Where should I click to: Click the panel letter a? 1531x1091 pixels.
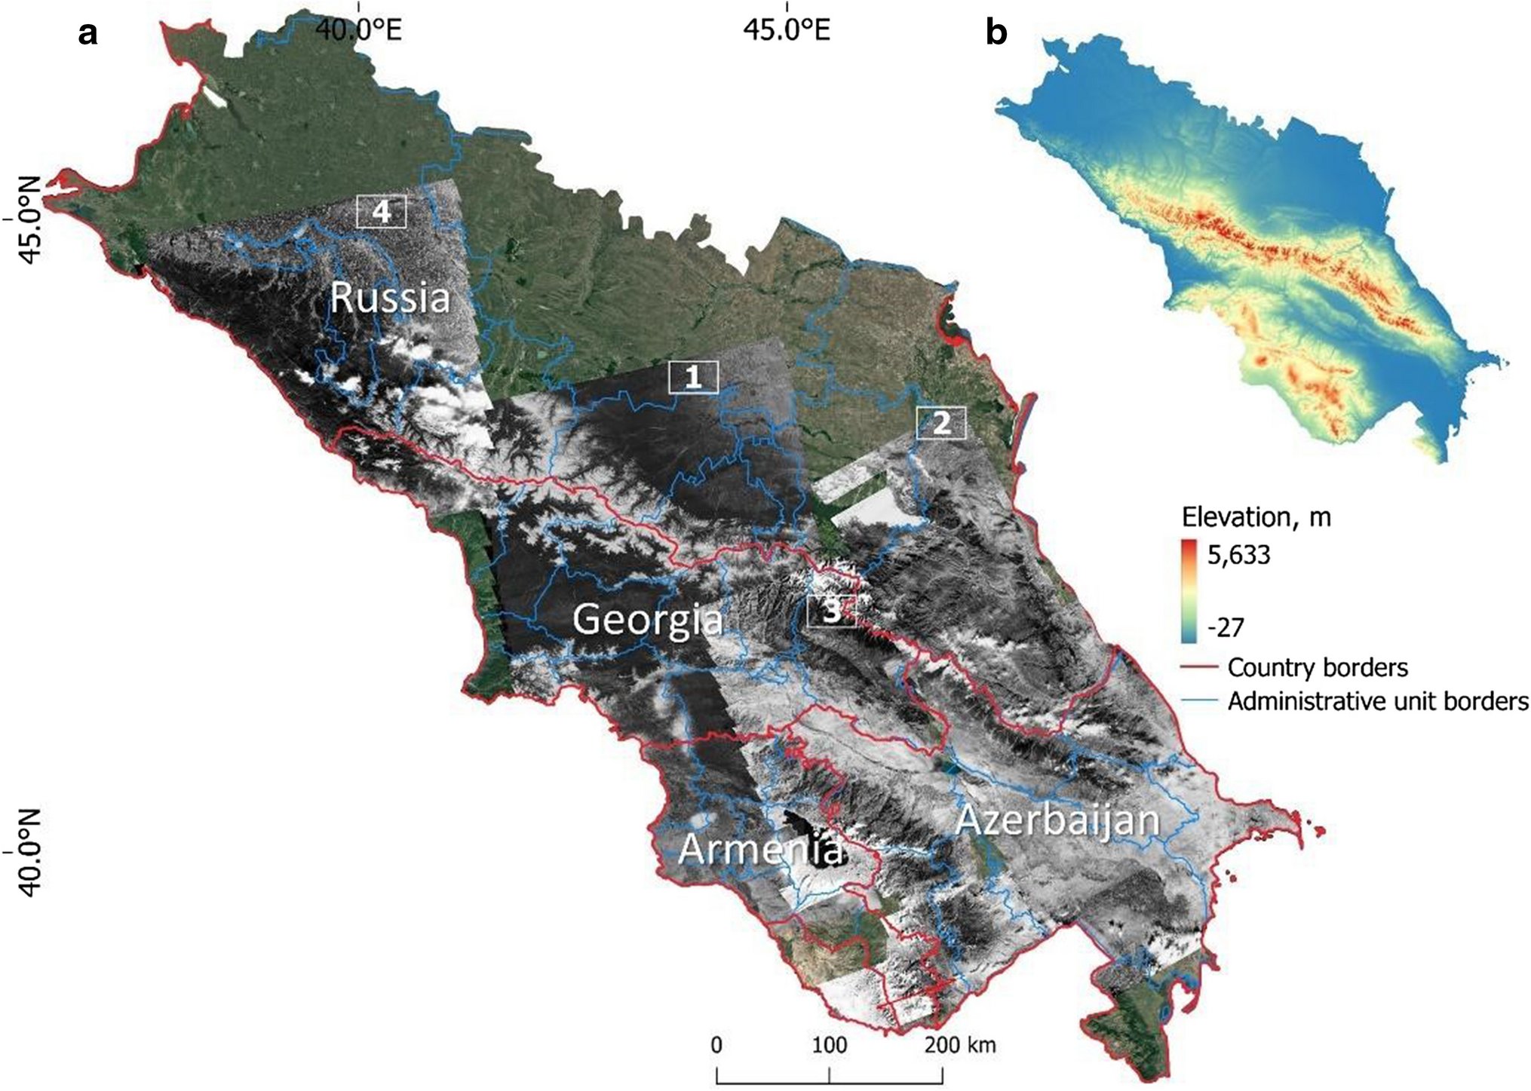(87, 33)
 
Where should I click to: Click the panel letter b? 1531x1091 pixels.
(996, 33)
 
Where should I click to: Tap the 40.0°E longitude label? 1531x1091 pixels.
(359, 29)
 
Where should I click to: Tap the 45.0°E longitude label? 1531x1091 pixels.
(787, 29)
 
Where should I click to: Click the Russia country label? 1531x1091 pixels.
(390, 297)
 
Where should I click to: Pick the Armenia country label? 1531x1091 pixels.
(759, 849)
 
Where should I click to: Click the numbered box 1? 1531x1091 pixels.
(693, 377)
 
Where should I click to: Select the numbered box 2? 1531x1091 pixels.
(940, 423)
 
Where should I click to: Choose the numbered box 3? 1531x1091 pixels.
(831, 611)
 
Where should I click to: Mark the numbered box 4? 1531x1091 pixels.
(382, 212)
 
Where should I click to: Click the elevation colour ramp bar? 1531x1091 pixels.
(1189, 590)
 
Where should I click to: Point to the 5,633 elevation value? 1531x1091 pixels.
(1238, 555)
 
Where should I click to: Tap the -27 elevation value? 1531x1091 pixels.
(1226, 627)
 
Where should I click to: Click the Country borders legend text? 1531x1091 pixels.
(1318, 667)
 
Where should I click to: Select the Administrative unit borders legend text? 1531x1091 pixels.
(1377, 701)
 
